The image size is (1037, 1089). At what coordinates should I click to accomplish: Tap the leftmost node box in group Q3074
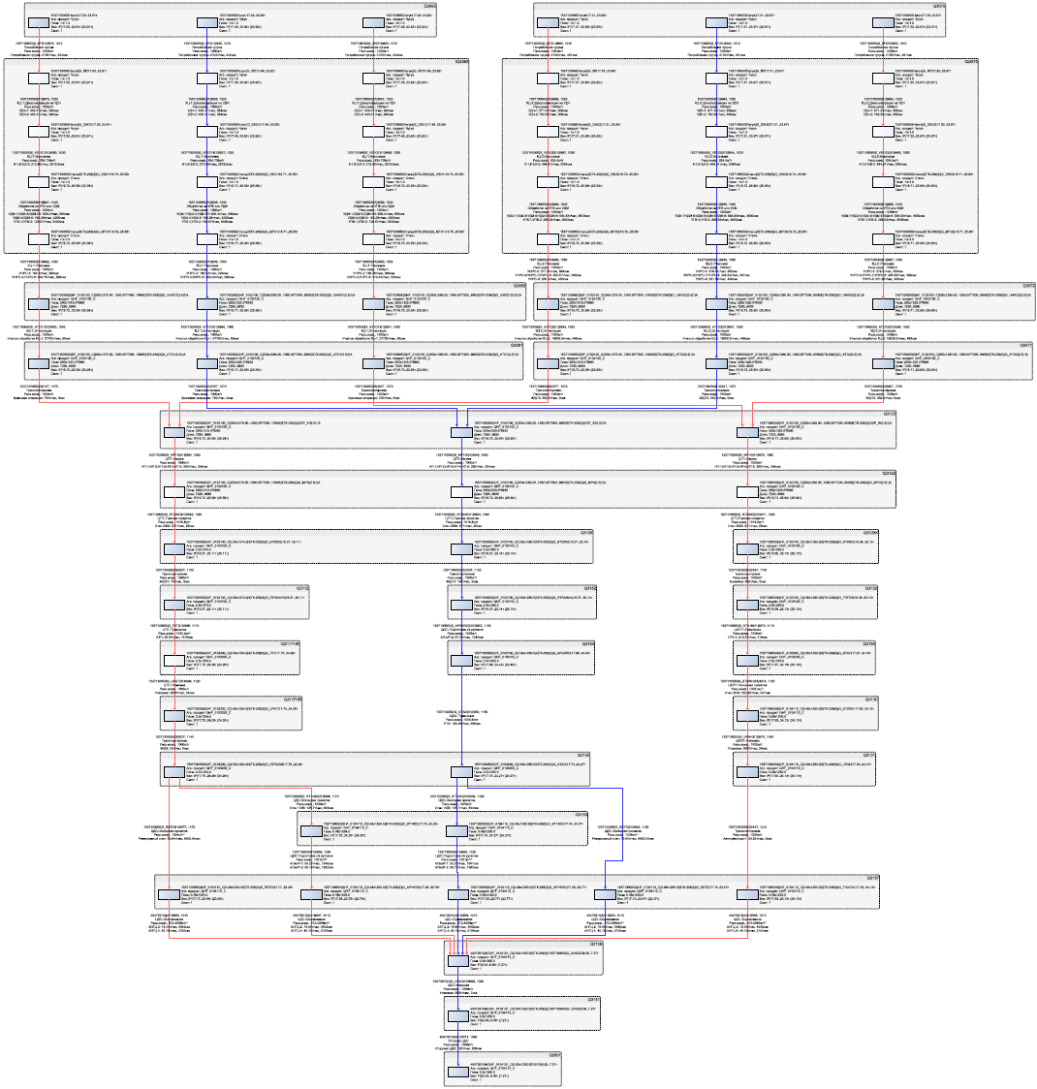pos(546,22)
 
